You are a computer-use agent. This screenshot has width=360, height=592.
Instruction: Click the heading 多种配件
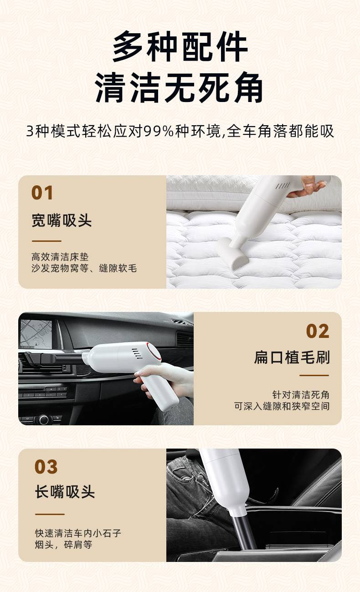(180, 46)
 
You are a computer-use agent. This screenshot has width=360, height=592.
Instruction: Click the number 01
(42, 193)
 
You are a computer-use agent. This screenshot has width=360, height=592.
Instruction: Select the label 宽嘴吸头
(62, 220)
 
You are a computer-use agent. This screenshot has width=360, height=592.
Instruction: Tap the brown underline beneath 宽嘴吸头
(46, 241)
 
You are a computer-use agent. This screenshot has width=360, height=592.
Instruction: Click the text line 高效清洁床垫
(60, 257)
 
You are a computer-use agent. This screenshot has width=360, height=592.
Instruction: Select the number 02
(318, 331)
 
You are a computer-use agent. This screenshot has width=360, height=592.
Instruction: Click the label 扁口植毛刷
(292, 357)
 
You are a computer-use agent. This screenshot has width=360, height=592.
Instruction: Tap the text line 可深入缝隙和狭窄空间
(282, 406)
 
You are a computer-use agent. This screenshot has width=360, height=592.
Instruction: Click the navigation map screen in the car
(36, 333)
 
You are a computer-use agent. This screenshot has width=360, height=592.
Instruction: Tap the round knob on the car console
(44, 419)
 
